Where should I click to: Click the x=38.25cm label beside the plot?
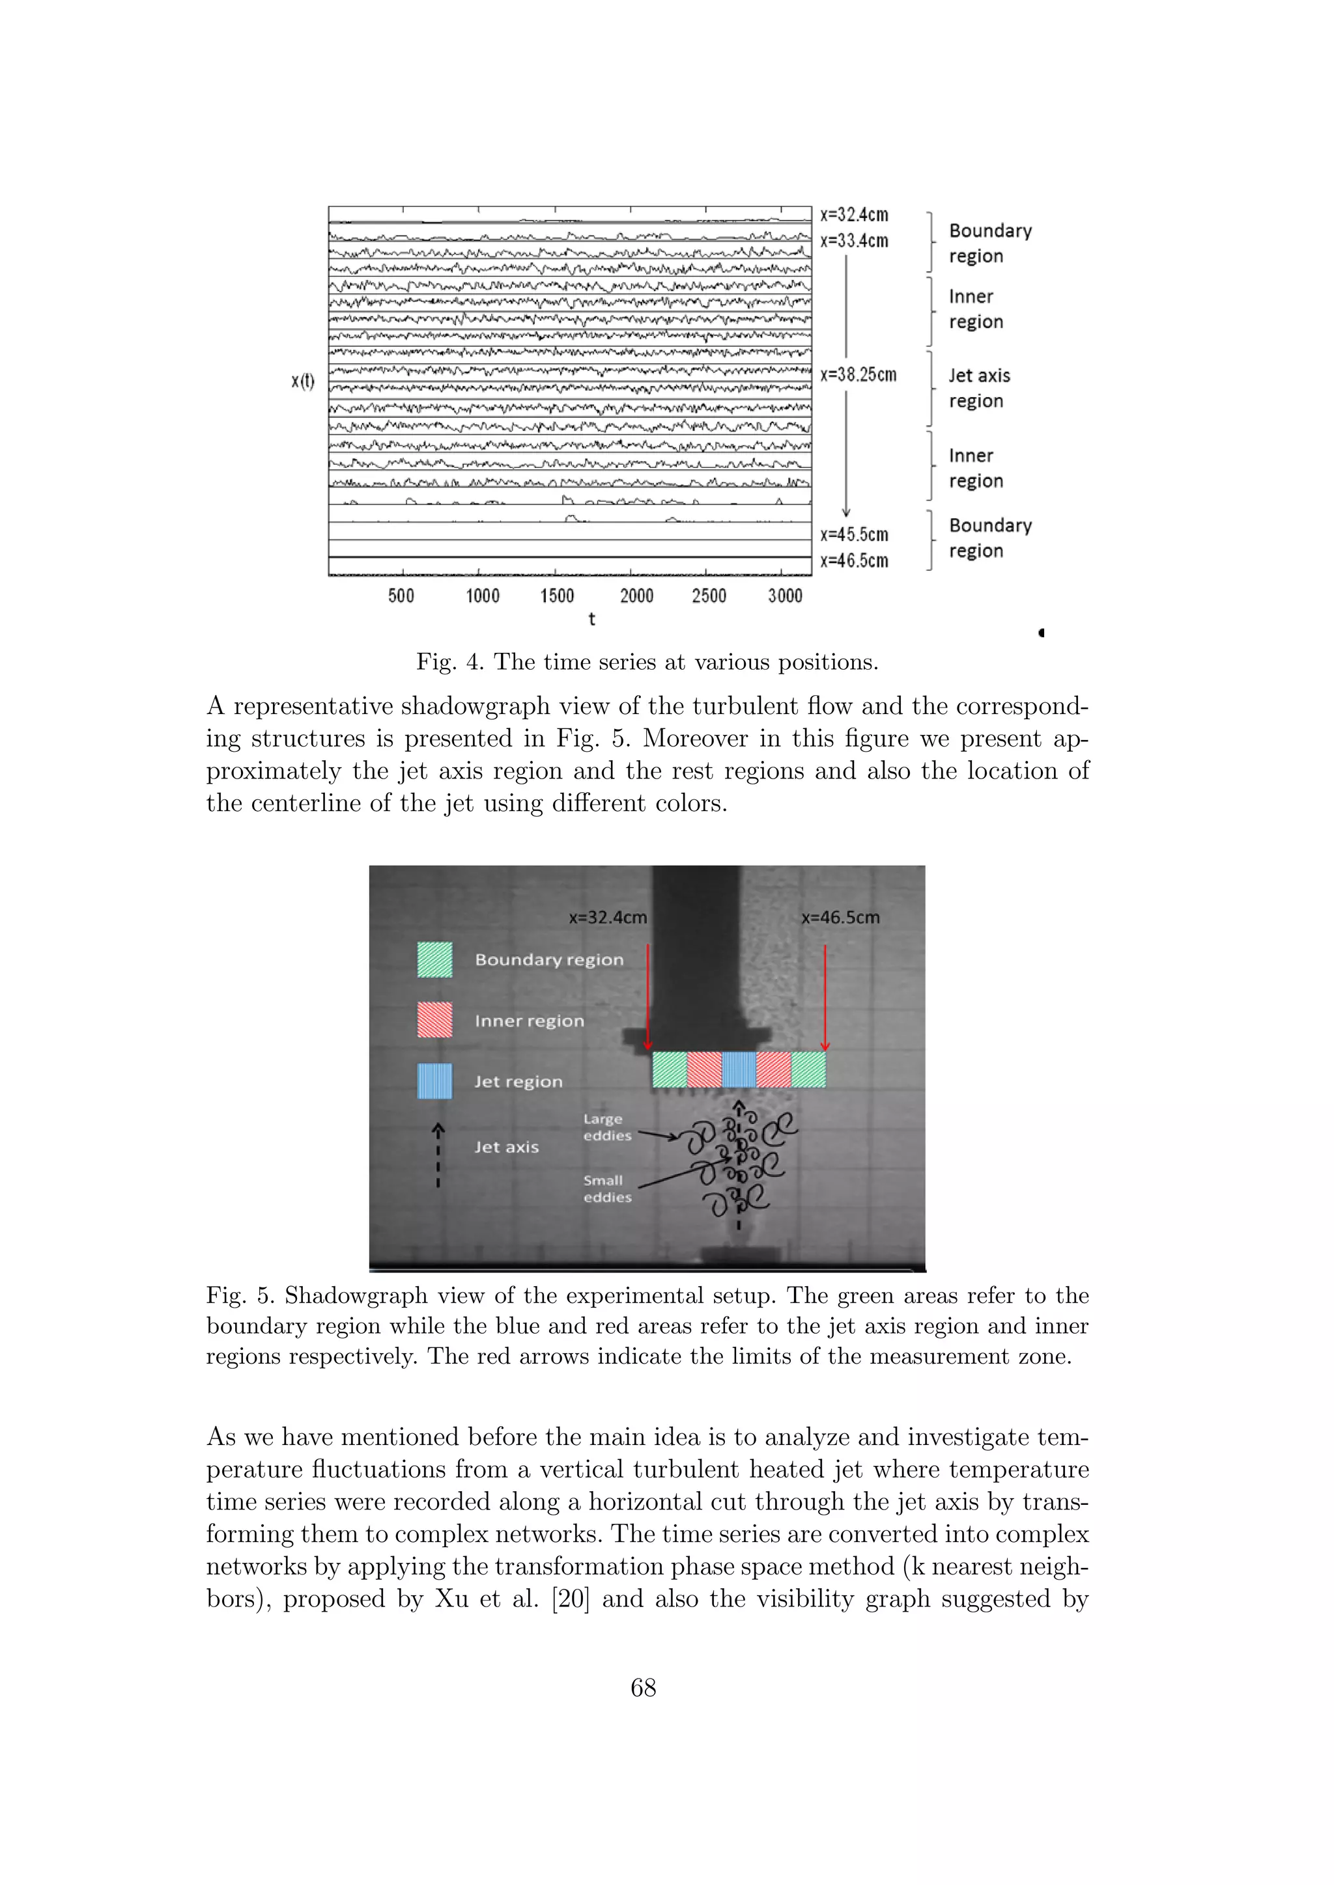click(858, 375)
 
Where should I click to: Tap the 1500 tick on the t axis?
click(557, 596)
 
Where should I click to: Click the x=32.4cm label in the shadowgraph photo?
click(608, 917)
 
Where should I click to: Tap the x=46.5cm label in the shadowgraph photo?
click(840, 917)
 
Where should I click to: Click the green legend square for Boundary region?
click(434, 959)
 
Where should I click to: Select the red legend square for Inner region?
click(434, 1021)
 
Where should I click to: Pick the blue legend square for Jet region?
click(434, 1081)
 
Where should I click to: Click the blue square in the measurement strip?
click(739, 1070)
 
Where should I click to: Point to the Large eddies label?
click(607, 1127)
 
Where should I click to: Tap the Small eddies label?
click(607, 1189)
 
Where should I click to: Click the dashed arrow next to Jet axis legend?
click(438, 1156)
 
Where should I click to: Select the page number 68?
click(643, 1688)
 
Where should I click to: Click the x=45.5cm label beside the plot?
click(855, 534)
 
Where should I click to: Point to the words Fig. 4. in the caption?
click(449, 663)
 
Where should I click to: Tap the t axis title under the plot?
click(591, 619)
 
